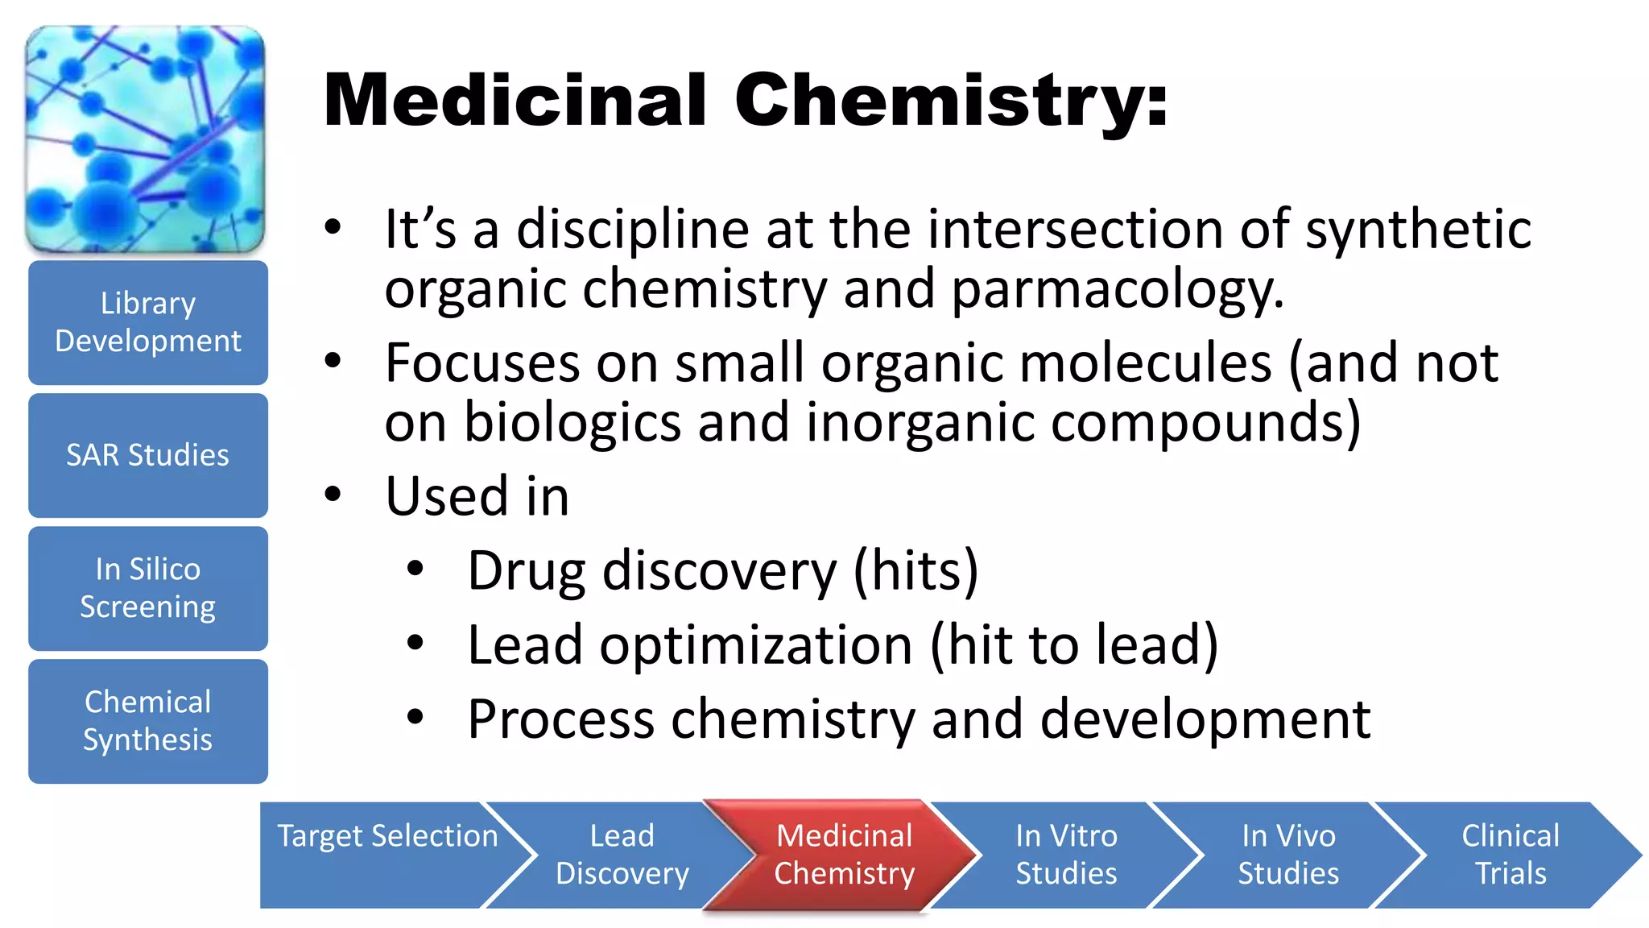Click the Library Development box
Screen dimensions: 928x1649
[x=148, y=322]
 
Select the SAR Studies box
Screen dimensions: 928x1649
[x=148, y=455]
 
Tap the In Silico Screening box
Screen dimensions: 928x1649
[x=148, y=588]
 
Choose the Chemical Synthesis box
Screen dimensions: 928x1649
[x=148, y=721]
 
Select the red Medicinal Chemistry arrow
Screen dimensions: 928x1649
[x=844, y=855]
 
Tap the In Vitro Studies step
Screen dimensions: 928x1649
[x=1066, y=855]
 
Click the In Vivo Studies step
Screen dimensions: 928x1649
[x=1288, y=855]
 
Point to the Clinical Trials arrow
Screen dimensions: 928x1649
[x=1511, y=855]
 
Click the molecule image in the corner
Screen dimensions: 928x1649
[x=146, y=139]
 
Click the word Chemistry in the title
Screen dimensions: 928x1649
[x=950, y=101]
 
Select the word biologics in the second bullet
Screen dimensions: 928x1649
[x=572, y=423]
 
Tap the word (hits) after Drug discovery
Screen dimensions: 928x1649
[x=915, y=570]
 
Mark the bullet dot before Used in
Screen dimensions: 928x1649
[x=333, y=494]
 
